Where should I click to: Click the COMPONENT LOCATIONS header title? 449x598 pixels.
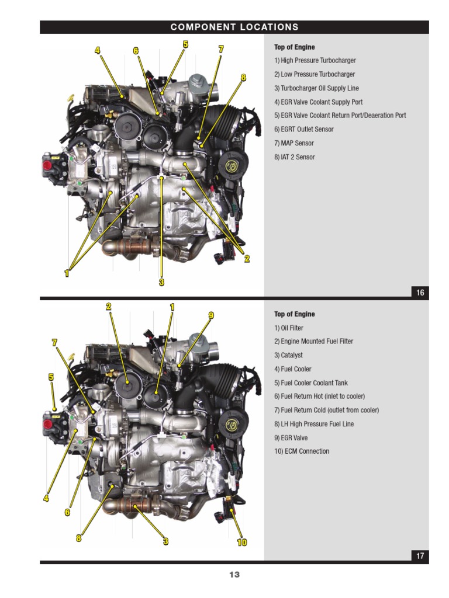[x=234, y=27]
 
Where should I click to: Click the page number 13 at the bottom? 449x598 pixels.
[x=234, y=575]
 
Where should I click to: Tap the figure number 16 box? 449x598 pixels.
[x=420, y=293]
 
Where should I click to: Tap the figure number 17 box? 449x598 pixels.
[x=420, y=556]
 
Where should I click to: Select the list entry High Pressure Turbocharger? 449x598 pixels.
[x=315, y=60]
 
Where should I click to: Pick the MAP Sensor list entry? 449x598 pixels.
[x=294, y=143]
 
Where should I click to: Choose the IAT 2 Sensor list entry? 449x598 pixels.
[x=295, y=157]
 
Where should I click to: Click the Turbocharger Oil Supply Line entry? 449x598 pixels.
[x=316, y=88]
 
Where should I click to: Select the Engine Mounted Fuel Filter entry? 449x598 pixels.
[x=313, y=341]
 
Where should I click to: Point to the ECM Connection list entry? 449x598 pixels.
[x=302, y=451]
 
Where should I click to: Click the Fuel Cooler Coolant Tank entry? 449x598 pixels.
[x=311, y=383]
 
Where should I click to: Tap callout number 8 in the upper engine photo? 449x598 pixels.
[x=243, y=78]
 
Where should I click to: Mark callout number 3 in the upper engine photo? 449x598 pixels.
[x=161, y=283]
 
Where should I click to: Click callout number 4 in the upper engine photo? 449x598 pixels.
[x=98, y=50]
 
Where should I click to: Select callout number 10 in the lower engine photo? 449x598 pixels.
[x=242, y=543]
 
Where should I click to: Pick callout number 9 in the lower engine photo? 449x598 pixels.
[x=211, y=315]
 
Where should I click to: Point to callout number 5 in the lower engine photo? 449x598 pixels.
[x=51, y=377]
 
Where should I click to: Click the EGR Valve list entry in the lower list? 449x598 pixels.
[x=291, y=438]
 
